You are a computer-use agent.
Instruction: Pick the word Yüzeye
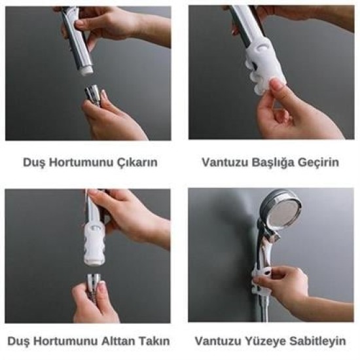(x=264, y=341)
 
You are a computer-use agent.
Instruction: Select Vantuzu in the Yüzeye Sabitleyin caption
(x=217, y=341)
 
